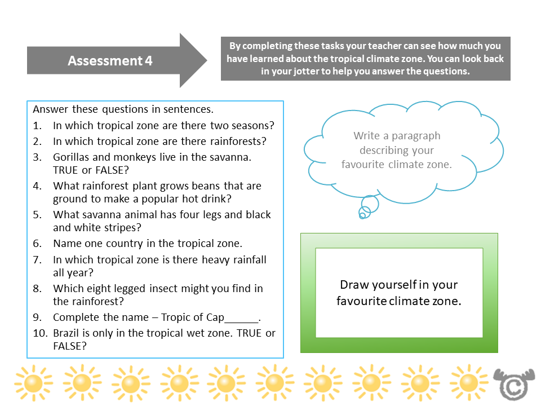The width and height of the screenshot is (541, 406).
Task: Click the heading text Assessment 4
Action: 110,61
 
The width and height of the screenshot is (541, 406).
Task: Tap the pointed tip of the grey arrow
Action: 206,60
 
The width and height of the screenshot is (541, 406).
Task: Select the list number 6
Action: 37,244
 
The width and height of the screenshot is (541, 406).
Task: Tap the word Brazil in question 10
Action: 68,333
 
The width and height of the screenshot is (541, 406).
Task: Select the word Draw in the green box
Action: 353,285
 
